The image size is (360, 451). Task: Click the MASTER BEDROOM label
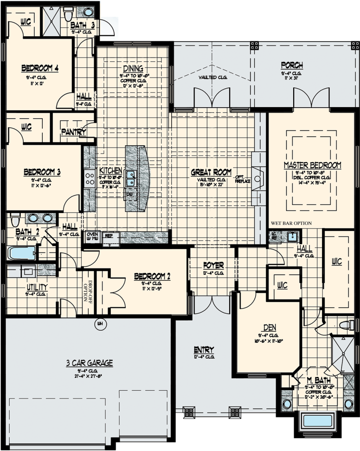pyautogui.click(x=312, y=165)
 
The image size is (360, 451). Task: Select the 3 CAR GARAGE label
pyautogui.click(x=90, y=363)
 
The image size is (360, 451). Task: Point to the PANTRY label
pyautogui.click(x=74, y=132)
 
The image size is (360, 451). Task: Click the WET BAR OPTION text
pyautogui.click(x=291, y=223)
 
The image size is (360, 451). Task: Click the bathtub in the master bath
pyautogui.click(x=316, y=422)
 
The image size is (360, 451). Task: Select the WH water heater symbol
pyautogui.click(x=98, y=323)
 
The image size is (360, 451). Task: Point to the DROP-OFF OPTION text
pyautogui.click(x=85, y=292)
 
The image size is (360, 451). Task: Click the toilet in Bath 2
pyautogui.click(x=15, y=219)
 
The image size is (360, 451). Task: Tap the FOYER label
pyautogui.click(x=213, y=265)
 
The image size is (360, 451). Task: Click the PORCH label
pyautogui.click(x=292, y=65)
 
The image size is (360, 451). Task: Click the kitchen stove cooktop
pyautogui.click(x=88, y=179)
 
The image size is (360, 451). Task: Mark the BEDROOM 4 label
pyautogui.click(x=39, y=68)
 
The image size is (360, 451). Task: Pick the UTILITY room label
pyautogui.click(x=37, y=287)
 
